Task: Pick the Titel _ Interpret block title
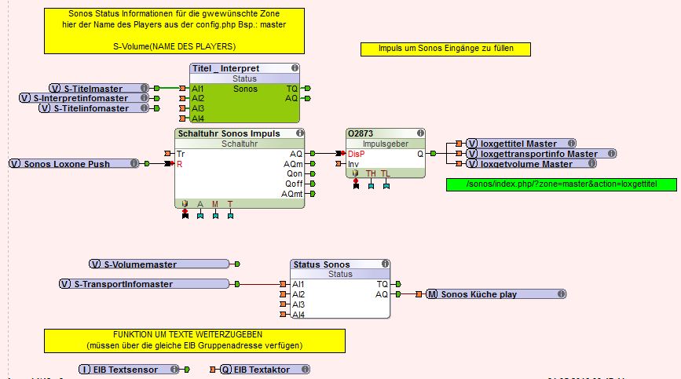click(225, 69)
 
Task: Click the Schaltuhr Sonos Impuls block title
click(229, 134)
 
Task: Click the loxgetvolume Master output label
click(526, 163)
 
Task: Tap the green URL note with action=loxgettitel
click(561, 184)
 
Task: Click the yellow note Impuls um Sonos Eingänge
click(445, 49)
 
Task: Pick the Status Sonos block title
click(321, 264)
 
